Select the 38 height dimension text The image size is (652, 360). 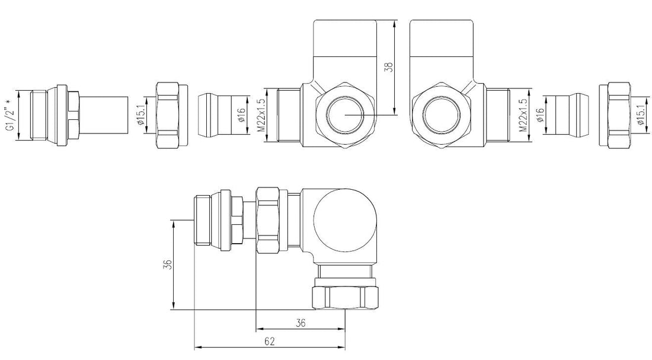pyautogui.click(x=389, y=66)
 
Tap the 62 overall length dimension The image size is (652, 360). pyautogui.click(x=270, y=342)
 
